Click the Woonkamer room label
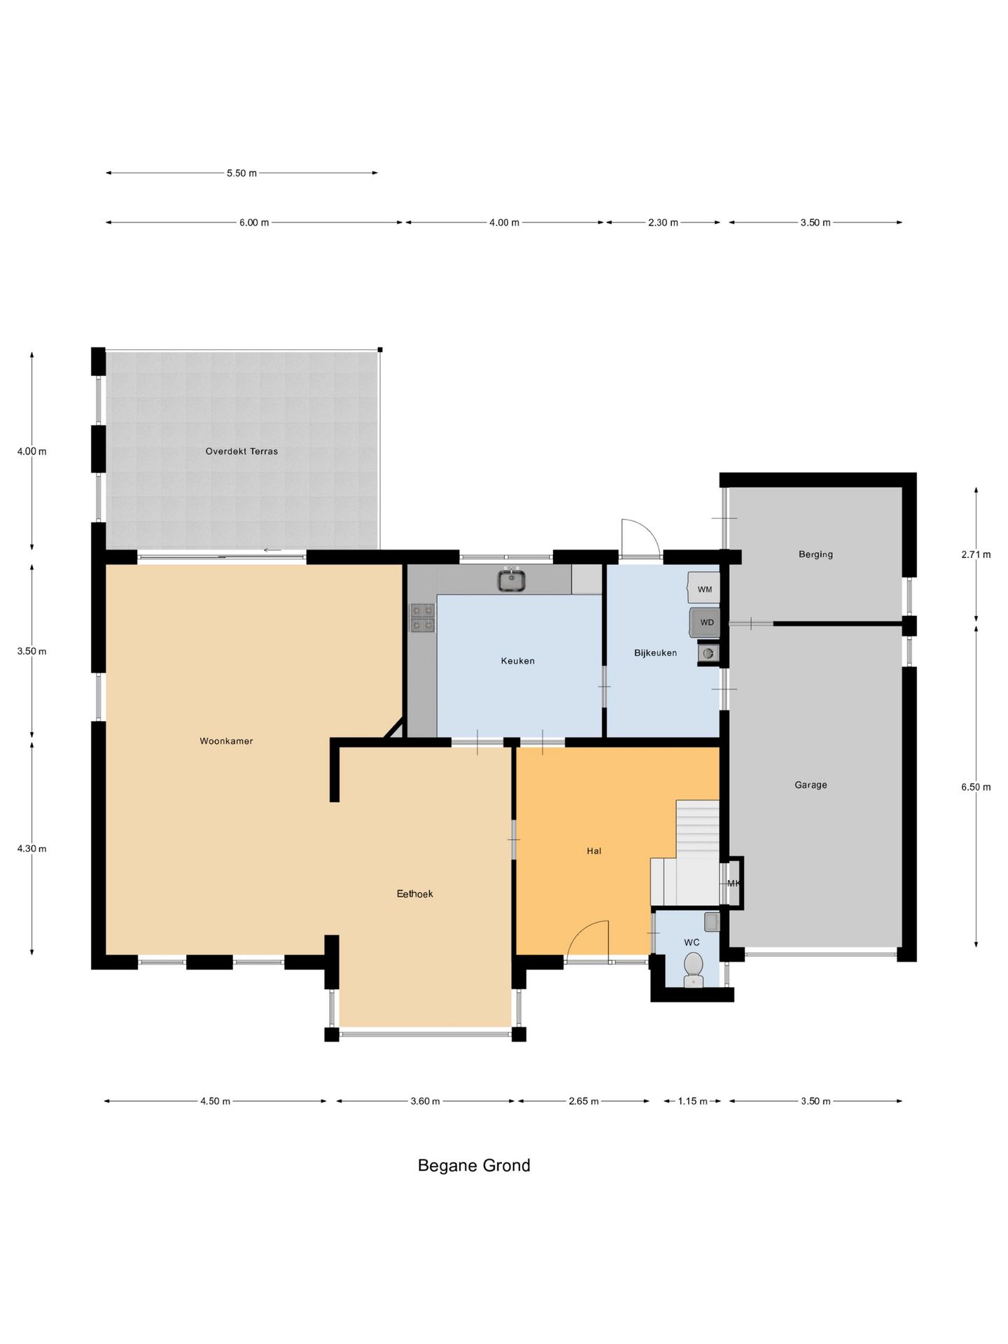pos(226,741)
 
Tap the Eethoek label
pos(415,894)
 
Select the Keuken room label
pos(518,661)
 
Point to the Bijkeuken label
pos(656,653)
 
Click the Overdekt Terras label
pos(241,451)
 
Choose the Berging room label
pos(816,554)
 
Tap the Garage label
pos(811,785)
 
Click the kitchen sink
pos(512,580)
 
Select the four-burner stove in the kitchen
pos(423,618)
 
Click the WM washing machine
pos(703,588)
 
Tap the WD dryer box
pos(705,622)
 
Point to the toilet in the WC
pos(693,969)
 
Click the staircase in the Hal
pos(689,854)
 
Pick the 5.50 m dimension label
pos(241,174)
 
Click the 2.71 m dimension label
pos(976,555)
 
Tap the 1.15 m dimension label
pos(693,1101)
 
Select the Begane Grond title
pos(474,1165)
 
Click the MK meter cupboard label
pos(733,883)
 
